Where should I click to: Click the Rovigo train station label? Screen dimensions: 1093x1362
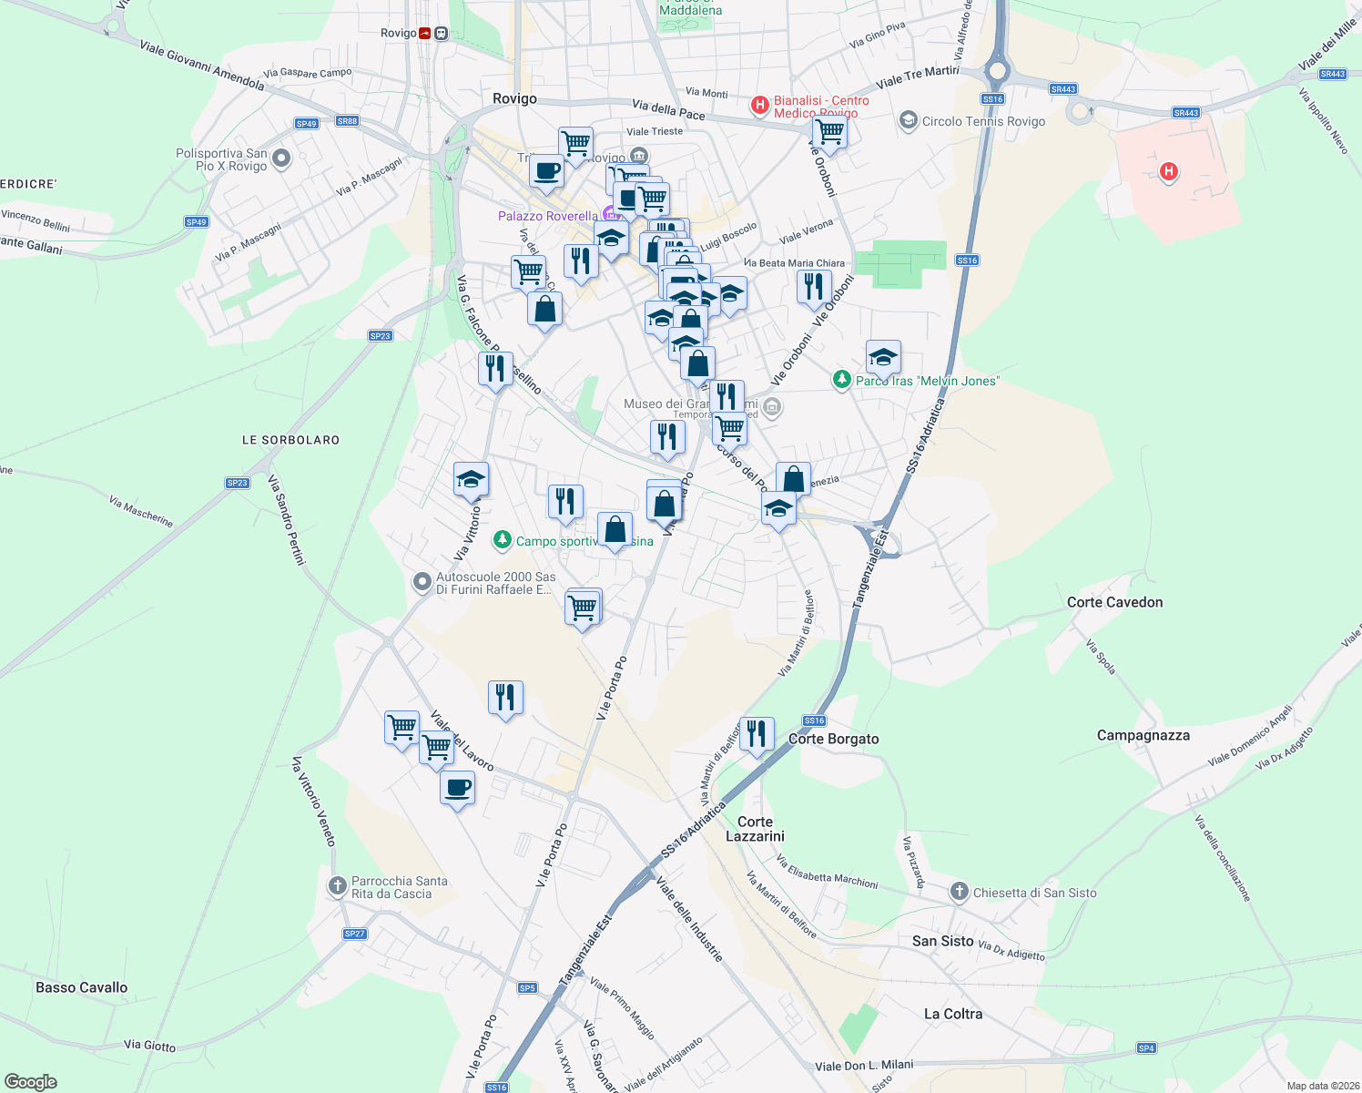[399, 33]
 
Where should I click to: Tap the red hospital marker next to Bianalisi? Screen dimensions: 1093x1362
[759, 106]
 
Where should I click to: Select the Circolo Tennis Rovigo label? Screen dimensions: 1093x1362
[983, 121]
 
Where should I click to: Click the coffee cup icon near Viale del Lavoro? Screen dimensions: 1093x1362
[457, 788]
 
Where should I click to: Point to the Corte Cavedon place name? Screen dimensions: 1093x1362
[1114, 602]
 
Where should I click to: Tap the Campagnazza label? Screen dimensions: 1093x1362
[1143, 735]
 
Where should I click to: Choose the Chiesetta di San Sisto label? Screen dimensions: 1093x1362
[1034, 893]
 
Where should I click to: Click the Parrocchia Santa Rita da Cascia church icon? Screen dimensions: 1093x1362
[337, 885]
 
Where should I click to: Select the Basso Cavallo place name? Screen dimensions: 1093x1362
[82, 987]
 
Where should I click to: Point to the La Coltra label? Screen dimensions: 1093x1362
[953, 1014]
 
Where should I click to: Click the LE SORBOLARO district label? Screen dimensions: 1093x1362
[290, 440]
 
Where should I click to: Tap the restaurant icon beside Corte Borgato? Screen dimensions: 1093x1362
[757, 733]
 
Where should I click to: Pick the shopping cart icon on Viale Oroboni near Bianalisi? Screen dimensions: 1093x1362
[829, 133]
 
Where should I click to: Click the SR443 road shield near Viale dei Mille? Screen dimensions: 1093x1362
[1332, 74]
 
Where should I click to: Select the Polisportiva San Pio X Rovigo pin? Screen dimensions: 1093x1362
[281, 158]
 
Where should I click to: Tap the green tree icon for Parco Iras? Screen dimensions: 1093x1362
[842, 380]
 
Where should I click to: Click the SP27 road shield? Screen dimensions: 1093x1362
[354, 934]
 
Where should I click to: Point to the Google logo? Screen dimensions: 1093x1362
[31, 1082]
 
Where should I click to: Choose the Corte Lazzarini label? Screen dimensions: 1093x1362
[755, 829]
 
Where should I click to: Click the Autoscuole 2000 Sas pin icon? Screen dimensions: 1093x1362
[422, 581]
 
